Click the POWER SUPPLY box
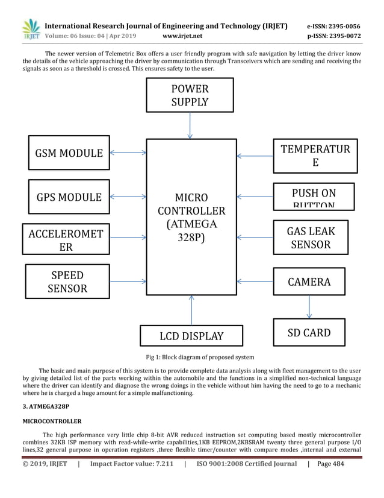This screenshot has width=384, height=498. tap(190, 96)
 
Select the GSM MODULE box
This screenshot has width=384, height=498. tap(69, 153)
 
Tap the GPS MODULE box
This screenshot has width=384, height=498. tap(69, 197)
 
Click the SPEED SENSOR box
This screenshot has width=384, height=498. tap(68, 282)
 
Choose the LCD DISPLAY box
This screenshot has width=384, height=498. tap(191, 336)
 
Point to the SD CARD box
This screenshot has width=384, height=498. tap(309, 332)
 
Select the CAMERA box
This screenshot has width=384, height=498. tap(309, 282)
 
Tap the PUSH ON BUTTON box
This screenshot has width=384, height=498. tap(313, 196)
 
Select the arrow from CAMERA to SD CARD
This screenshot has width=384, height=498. tap(309, 307)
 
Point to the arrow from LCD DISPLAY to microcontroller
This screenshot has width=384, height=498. tap(191, 310)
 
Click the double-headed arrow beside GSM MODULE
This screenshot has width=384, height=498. tap(128, 153)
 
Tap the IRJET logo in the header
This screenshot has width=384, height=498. tap(31, 30)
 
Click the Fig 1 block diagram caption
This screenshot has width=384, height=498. tap(191, 357)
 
